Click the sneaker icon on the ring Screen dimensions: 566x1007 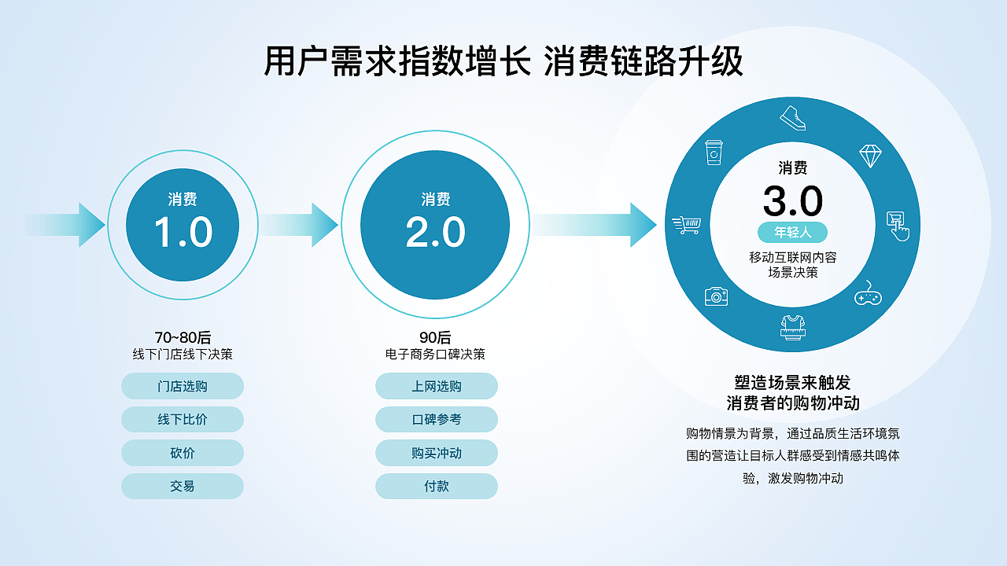coord(793,118)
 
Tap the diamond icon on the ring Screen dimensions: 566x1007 coord(869,156)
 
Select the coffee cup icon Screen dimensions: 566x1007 coord(714,153)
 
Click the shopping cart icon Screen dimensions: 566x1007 coord(686,226)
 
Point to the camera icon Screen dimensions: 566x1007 coord(716,296)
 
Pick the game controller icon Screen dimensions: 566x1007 coord(868,294)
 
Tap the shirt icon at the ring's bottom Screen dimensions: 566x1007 coord(793,327)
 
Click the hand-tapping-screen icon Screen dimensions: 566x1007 coord(898,226)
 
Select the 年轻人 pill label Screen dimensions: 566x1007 coord(793,232)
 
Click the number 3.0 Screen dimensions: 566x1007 coord(793,202)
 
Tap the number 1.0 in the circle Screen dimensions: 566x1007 coord(183,233)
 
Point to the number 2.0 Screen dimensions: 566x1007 coord(435,233)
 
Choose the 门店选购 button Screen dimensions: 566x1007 coord(183,386)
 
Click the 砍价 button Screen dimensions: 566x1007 coord(183,453)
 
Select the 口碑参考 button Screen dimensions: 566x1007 coord(437,420)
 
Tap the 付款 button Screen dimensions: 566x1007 coord(437,486)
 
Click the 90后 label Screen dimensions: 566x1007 coord(435,338)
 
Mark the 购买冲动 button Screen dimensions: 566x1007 coord(437,453)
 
